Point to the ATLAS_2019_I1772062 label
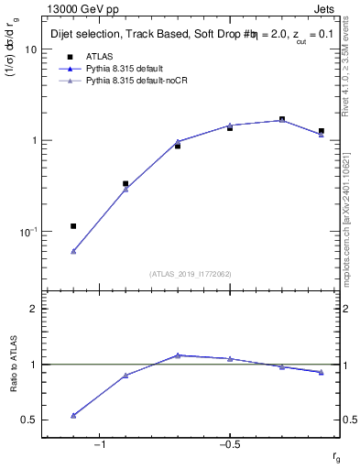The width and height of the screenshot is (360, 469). coord(190,274)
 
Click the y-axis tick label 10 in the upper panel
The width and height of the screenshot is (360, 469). coord(30,50)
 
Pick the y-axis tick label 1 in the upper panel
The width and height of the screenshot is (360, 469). coord(33,141)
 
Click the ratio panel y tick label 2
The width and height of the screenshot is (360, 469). coord(34,309)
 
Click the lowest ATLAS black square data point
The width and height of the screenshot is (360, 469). coord(73,225)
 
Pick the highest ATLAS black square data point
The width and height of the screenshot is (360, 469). coord(282,119)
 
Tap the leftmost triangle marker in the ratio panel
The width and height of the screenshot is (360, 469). coord(73,415)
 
